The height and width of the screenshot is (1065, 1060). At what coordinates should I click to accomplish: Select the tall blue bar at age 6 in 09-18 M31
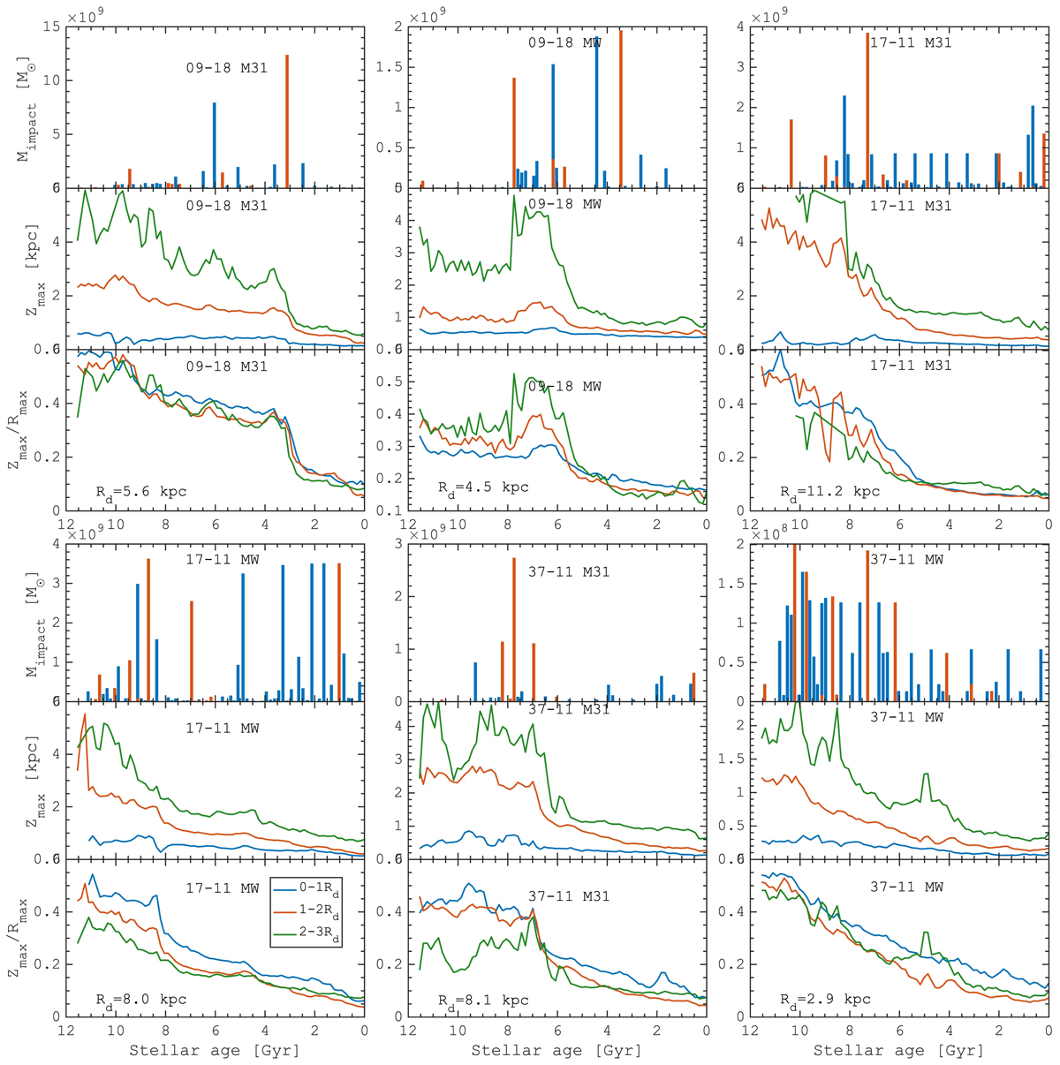pyautogui.click(x=214, y=146)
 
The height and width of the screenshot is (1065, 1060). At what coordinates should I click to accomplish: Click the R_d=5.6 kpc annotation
pyautogui.click(x=141, y=492)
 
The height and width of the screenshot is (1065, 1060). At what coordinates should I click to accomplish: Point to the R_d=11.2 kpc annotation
pyautogui.click(x=829, y=492)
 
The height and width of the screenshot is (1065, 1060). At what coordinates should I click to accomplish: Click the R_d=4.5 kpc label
pyautogui.click(x=483, y=487)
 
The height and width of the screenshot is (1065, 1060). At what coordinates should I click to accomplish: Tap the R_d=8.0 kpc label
pyautogui.click(x=141, y=1000)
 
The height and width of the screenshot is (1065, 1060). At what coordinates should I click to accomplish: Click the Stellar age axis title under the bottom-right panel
pyautogui.click(x=897, y=1051)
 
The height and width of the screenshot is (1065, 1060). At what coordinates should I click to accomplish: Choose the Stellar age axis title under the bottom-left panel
pyautogui.click(x=214, y=1051)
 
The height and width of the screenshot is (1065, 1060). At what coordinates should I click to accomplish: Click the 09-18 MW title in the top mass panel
pyautogui.click(x=564, y=42)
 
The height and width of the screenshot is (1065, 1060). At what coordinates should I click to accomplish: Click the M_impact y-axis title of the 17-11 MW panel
pyautogui.click(x=24, y=623)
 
